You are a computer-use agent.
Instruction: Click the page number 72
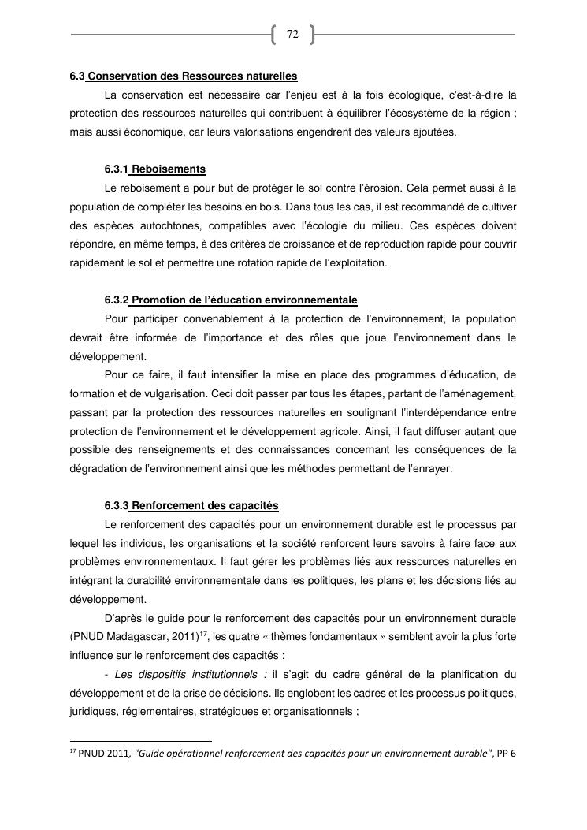tap(292, 35)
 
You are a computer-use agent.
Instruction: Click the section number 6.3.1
tap(116, 169)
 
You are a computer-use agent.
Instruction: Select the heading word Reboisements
tap(169, 169)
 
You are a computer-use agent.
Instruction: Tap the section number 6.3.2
tap(116, 300)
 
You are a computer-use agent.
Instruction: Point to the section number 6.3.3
tap(116, 505)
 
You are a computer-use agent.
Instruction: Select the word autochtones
tap(165, 226)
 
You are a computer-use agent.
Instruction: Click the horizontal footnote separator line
tap(141, 742)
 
